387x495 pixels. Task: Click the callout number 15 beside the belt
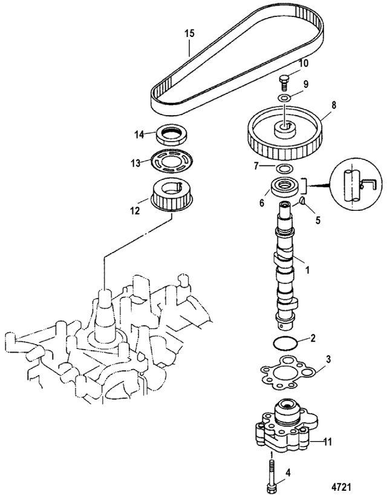click(x=190, y=34)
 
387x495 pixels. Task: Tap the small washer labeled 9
click(x=284, y=98)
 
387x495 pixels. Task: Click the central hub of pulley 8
click(x=285, y=128)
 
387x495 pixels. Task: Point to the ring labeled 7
click(x=284, y=168)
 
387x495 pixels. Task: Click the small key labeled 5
click(x=302, y=201)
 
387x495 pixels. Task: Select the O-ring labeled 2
click(x=285, y=344)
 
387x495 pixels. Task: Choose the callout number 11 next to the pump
click(x=327, y=442)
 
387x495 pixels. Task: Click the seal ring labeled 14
click(x=172, y=133)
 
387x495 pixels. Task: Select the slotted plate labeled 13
click(x=172, y=161)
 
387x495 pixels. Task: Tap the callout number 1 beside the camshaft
click(x=308, y=270)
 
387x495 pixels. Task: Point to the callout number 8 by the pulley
click(x=333, y=105)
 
